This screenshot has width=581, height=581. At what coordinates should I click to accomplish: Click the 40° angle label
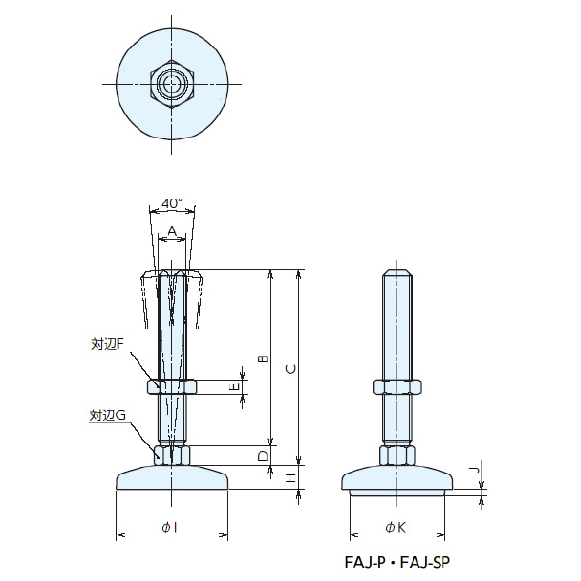tap(172, 204)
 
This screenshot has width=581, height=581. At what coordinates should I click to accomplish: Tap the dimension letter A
tap(172, 231)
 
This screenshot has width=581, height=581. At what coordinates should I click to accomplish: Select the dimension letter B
tap(261, 359)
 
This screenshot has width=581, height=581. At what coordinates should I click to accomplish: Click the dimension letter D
tap(261, 455)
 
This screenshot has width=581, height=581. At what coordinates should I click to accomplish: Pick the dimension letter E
tap(233, 387)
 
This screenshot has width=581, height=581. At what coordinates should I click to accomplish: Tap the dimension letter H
tap(289, 478)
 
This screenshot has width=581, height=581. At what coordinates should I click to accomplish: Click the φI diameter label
tap(171, 526)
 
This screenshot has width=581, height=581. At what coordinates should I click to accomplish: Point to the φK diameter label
tap(395, 526)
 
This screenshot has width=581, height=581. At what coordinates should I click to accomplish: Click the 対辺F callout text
tap(107, 344)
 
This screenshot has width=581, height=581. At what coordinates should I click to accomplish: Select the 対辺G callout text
tap(107, 415)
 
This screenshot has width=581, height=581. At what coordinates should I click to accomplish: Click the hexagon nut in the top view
tap(172, 84)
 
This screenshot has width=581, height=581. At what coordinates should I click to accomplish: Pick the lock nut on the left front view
tap(172, 387)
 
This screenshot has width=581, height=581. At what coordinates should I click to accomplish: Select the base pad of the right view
tap(397, 480)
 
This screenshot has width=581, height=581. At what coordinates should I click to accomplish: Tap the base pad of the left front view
tap(172, 478)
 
